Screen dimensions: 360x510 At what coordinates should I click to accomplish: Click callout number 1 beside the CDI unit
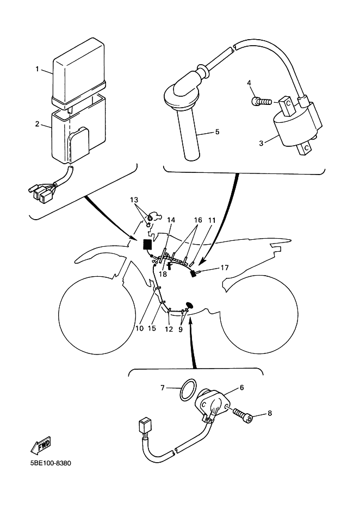tap(37, 69)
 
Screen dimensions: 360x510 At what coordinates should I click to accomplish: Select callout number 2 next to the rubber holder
tap(37, 124)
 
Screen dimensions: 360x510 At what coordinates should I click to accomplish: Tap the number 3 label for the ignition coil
tap(261, 143)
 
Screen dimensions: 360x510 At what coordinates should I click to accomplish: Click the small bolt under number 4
tap(261, 102)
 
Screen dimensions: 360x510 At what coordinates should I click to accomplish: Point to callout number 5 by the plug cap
tap(217, 132)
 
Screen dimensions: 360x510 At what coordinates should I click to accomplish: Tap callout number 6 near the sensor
tap(241, 387)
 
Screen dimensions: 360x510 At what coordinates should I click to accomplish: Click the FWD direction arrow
tap(41, 445)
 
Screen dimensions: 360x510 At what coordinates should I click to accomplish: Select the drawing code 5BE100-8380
tap(51, 463)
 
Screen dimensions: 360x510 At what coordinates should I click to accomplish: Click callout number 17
tap(225, 268)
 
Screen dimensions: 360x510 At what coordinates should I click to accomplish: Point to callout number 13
tap(134, 200)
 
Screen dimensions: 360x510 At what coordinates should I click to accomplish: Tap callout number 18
tap(163, 274)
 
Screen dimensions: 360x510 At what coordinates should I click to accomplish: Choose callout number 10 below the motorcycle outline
tap(139, 328)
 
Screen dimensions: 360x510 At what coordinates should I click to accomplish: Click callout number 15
tap(152, 328)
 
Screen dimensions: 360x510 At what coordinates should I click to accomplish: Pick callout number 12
tap(169, 329)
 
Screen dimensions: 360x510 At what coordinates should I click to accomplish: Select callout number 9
tap(181, 329)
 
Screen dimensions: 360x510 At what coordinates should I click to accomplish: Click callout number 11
tap(212, 220)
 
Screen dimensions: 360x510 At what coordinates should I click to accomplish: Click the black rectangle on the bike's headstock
tap(147, 244)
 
